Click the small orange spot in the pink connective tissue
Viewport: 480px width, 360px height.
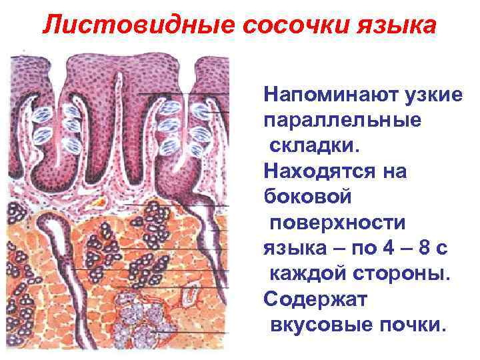100,200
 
